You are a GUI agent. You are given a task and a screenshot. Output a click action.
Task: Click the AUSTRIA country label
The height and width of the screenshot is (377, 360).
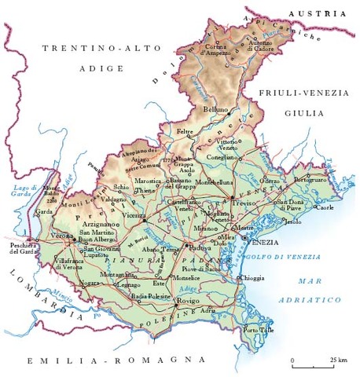[x=318, y=13]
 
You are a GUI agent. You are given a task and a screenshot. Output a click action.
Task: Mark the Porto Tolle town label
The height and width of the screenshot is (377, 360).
[x=260, y=331]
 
